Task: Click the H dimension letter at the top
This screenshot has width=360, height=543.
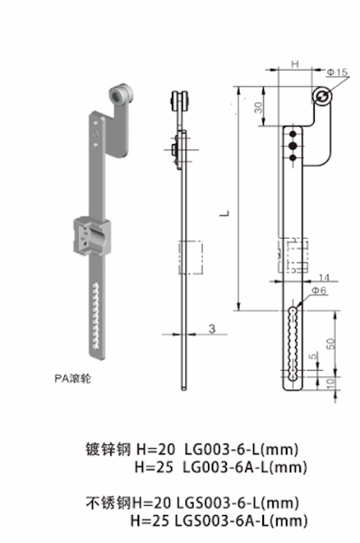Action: coord(295,65)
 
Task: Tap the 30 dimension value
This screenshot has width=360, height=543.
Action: coord(259,107)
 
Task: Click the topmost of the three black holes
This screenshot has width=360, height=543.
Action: coord(291,132)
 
